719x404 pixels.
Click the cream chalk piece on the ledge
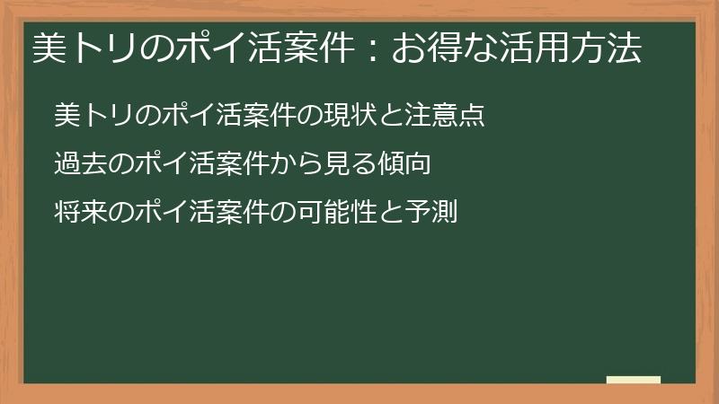pos(634,380)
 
